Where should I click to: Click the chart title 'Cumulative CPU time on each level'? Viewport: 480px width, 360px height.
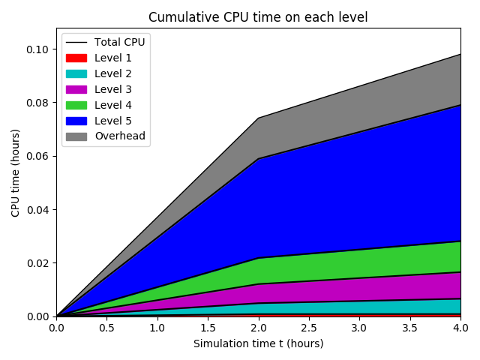(258, 17)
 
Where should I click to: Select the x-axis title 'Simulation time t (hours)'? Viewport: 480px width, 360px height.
(258, 343)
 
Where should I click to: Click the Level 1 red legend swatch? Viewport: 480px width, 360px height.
(76, 58)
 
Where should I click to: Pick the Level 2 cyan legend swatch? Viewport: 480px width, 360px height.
(76, 73)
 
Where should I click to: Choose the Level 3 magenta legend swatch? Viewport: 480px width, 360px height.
(76, 89)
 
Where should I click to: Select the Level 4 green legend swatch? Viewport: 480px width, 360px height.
(76, 105)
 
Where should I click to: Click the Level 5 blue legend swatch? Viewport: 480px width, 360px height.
(76, 121)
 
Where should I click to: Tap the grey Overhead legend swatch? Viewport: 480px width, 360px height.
(76, 136)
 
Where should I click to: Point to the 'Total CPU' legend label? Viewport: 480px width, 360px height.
(120, 42)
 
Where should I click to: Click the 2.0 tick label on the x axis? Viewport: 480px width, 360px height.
(258, 328)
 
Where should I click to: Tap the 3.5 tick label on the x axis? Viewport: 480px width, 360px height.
(409, 328)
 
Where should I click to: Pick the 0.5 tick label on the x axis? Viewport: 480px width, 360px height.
(106, 328)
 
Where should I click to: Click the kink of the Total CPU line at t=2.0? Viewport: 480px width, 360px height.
(258, 118)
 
